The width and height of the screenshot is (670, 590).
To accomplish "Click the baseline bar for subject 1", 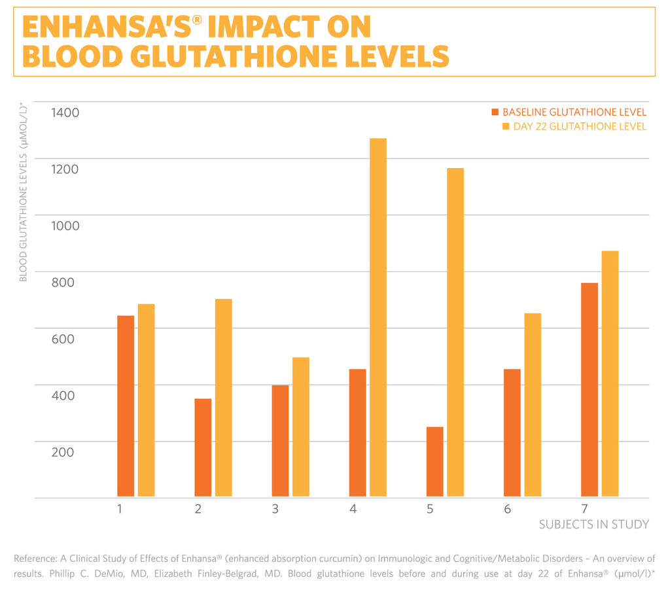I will click(126, 406).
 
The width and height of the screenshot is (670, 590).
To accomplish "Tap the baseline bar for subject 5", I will click(434, 462).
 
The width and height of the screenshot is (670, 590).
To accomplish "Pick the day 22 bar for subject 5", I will click(455, 333).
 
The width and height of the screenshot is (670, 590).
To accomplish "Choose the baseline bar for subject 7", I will click(589, 390).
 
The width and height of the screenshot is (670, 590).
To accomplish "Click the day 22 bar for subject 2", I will click(224, 398).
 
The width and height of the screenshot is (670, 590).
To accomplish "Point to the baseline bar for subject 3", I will click(280, 442).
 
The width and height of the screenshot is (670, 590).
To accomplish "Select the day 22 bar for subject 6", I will click(533, 406).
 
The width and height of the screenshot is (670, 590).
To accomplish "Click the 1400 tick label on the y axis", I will click(65, 113).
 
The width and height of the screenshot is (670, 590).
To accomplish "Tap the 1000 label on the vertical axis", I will click(65, 226).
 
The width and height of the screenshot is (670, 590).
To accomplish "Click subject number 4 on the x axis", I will click(353, 508).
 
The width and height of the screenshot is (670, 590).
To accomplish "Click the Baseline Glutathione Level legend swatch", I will click(495, 113).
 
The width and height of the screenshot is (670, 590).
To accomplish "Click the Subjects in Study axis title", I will click(594, 525).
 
